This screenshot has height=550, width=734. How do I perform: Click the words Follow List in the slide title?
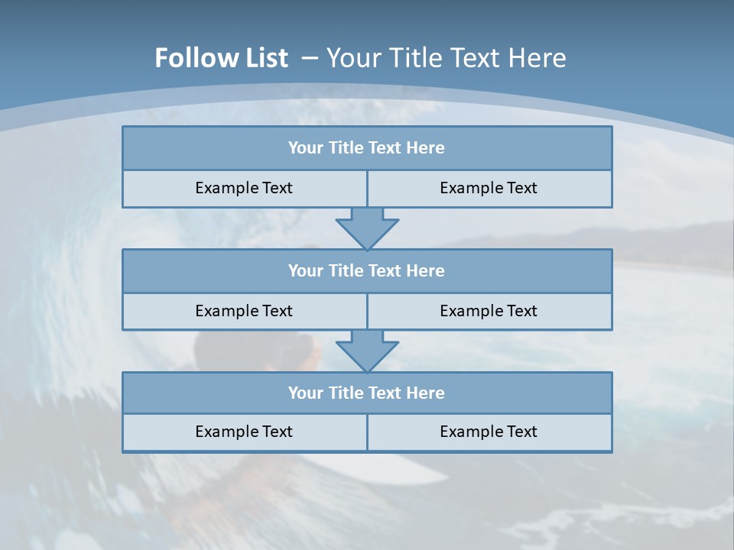[x=221, y=58]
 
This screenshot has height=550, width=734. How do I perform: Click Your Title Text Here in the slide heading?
[x=447, y=58]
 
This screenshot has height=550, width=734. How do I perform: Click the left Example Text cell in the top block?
[x=244, y=188]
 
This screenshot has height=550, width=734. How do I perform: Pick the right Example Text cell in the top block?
[x=489, y=188]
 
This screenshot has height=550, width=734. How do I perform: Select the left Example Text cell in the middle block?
[x=244, y=311]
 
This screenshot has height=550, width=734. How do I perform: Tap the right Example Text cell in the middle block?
[x=489, y=311]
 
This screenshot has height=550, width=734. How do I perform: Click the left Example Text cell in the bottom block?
[x=244, y=432]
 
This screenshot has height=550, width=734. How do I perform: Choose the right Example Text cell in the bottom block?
[x=489, y=432]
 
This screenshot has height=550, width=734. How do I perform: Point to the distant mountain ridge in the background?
[x=673, y=233]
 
